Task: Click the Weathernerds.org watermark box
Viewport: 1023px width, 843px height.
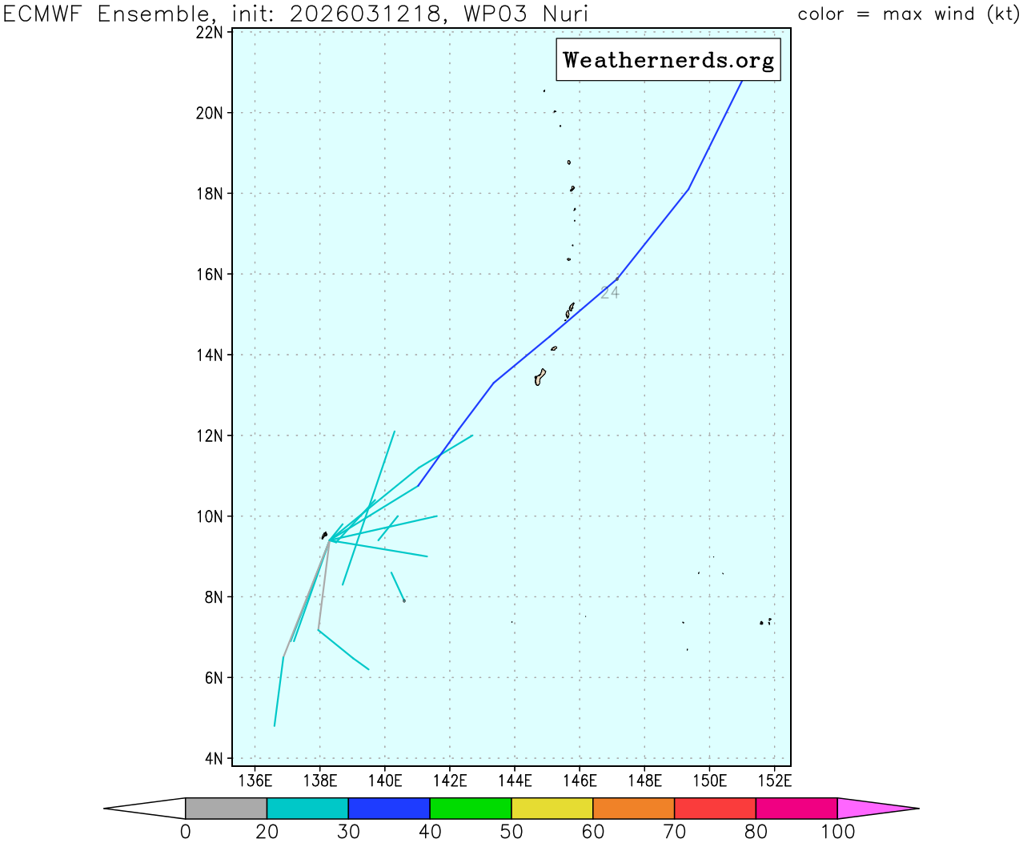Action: coord(668,60)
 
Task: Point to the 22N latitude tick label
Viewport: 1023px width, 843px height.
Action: coord(210,32)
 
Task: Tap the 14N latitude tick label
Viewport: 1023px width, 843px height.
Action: coord(210,355)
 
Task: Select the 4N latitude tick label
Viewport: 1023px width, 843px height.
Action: coord(214,758)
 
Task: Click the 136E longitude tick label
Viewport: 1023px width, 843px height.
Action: coord(255,781)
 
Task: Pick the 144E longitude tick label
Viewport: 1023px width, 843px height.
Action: coord(515,781)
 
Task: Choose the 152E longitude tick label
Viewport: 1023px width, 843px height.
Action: coord(775,781)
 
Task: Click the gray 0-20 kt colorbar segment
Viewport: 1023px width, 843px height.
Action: coord(226,809)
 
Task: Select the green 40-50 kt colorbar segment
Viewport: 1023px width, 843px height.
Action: coord(471,809)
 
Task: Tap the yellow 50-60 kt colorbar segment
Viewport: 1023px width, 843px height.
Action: coord(552,809)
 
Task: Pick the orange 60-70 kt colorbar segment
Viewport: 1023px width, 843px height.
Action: coord(634,809)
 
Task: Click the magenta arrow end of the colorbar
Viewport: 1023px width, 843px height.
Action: coord(877,809)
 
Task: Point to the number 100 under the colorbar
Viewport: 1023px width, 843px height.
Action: coord(837,832)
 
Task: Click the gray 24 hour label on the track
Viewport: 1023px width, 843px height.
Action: coord(610,293)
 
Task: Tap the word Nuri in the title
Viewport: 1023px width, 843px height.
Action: coord(564,14)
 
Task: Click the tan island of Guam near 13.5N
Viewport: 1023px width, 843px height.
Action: coord(540,377)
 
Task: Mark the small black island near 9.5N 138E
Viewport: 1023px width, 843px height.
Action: coord(324,535)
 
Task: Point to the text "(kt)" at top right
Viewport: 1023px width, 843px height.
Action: coord(1002,14)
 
